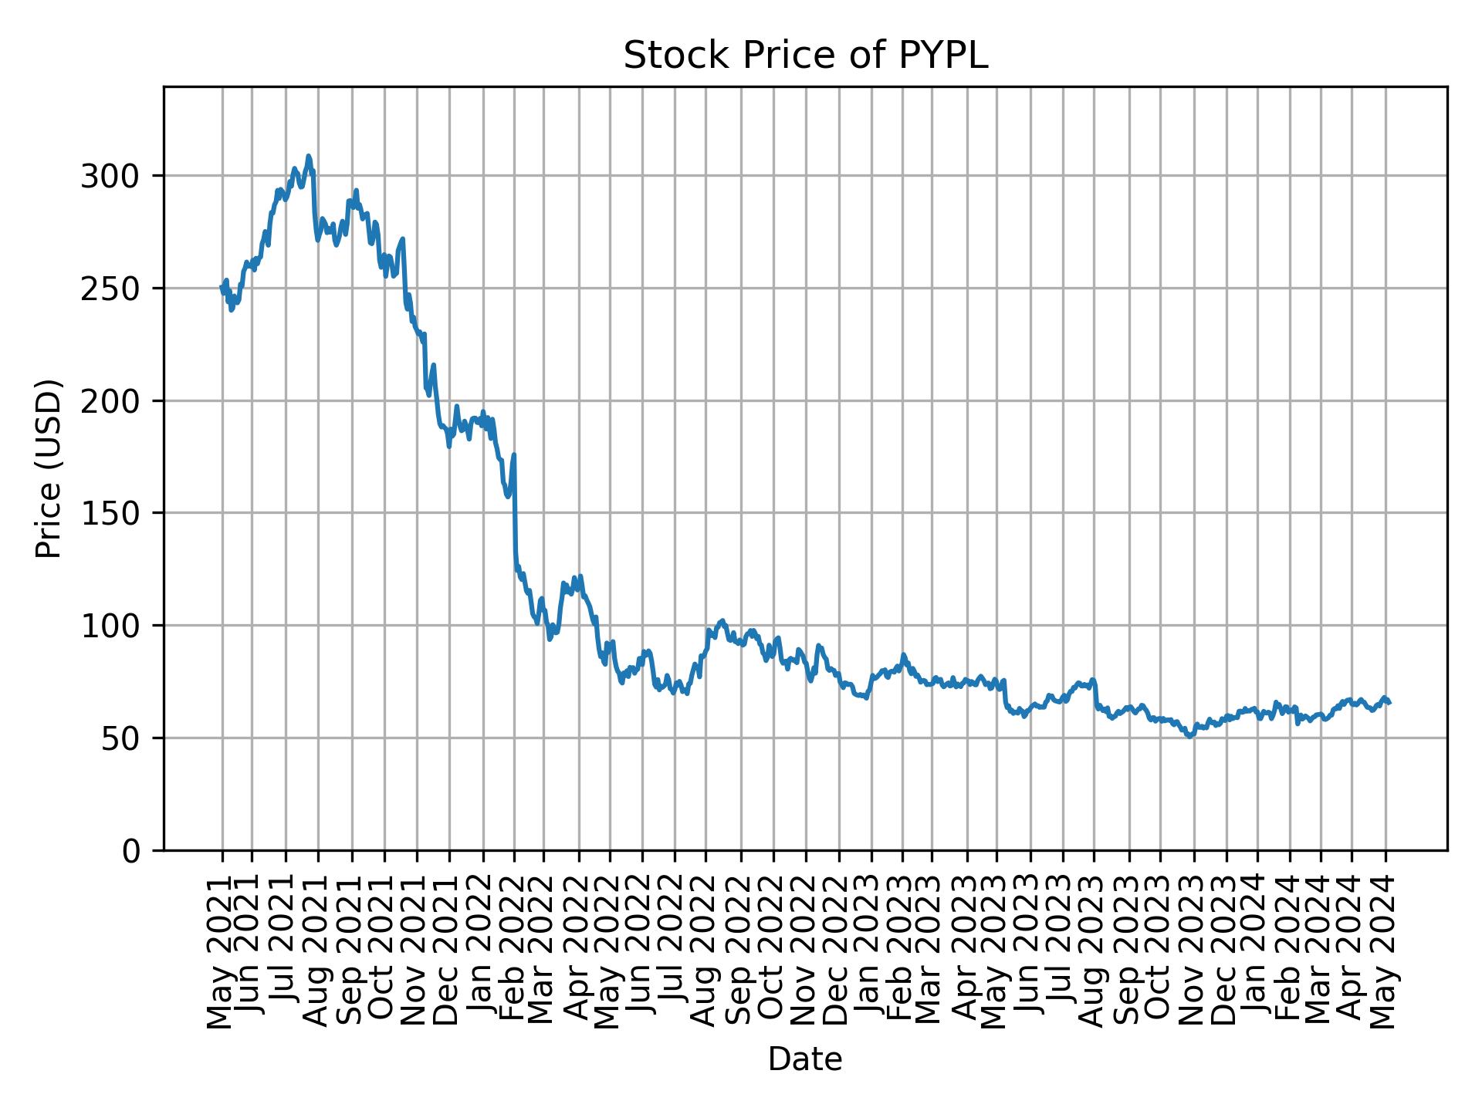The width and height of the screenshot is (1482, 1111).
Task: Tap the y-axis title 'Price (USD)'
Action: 49,468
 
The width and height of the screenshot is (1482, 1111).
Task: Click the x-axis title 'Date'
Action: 805,1060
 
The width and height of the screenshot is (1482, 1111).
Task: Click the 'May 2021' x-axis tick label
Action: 222,953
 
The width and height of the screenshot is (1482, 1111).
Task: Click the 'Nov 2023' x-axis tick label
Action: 1193,953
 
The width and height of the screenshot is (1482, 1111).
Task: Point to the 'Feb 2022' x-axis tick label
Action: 514,953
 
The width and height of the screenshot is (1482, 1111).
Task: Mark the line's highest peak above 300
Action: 309,157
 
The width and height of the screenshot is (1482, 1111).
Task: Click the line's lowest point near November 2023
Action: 1189,736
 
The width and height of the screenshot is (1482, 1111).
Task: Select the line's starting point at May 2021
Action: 222,288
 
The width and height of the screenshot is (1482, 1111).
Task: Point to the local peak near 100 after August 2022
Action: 722,620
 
